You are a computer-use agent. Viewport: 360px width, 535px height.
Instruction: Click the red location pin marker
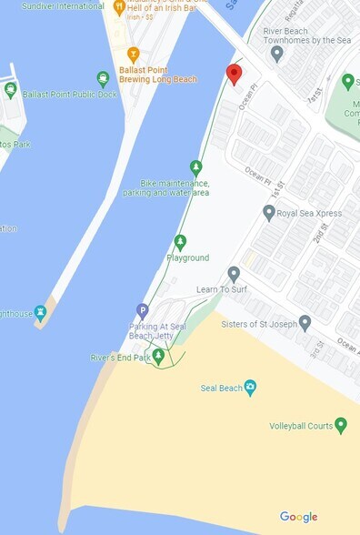tap(234, 74)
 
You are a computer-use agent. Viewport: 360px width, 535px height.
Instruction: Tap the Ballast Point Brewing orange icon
tap(134, 54)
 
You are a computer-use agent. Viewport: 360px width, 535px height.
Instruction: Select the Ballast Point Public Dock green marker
tap(11, 89)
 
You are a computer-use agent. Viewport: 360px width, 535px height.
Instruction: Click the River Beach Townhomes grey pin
tap(276, 52)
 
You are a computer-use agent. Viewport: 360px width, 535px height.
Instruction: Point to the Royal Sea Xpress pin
tap(269, 213)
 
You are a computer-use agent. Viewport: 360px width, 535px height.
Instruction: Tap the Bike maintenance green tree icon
tap(195, 167)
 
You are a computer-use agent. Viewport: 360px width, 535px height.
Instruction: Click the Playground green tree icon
tap(180, 242)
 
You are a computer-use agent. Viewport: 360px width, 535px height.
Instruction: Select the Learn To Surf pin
tap(234, 273)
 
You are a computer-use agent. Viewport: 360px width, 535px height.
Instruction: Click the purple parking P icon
tap(142, 310)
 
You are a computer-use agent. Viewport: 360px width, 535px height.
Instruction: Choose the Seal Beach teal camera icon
tap(251, 389)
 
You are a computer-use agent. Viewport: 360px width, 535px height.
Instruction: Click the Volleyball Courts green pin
tap(341, 425)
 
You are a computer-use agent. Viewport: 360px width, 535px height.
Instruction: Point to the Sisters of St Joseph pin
tap(305, 322)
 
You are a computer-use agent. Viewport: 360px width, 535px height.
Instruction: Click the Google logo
tap(298, 517)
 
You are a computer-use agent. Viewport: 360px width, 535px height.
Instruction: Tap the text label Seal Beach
tap(221, 389)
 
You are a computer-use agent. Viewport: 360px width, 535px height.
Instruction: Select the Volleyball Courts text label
tap(300, 426)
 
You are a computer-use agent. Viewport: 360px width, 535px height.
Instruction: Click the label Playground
tap(187, 258)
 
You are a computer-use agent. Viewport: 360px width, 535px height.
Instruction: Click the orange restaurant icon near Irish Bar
tap(119, 8)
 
